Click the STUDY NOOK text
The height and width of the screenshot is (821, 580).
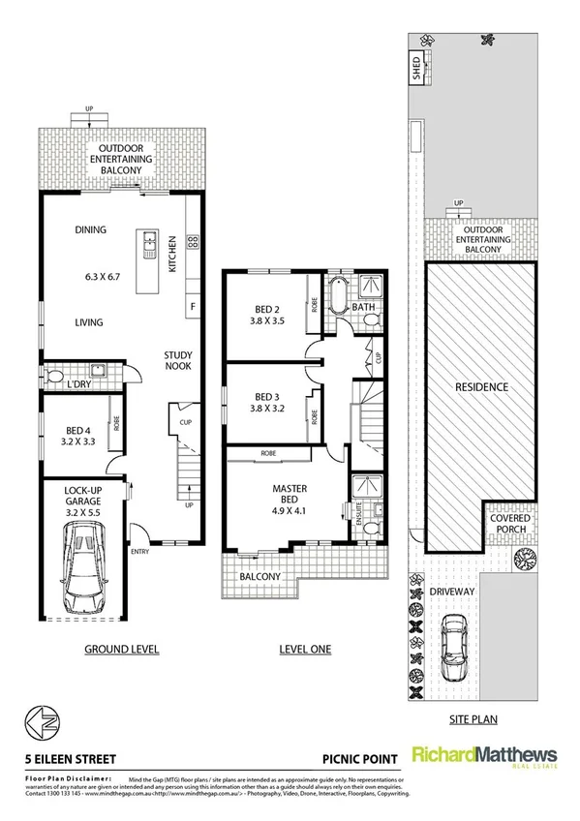[x=176, y=361]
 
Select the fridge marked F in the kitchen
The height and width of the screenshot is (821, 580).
[x=193, y=308]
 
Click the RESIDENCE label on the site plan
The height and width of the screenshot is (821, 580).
[x=481, y=387]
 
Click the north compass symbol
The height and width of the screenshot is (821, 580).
[x=32, y=723]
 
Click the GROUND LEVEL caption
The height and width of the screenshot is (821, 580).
[x=121, y=649]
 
